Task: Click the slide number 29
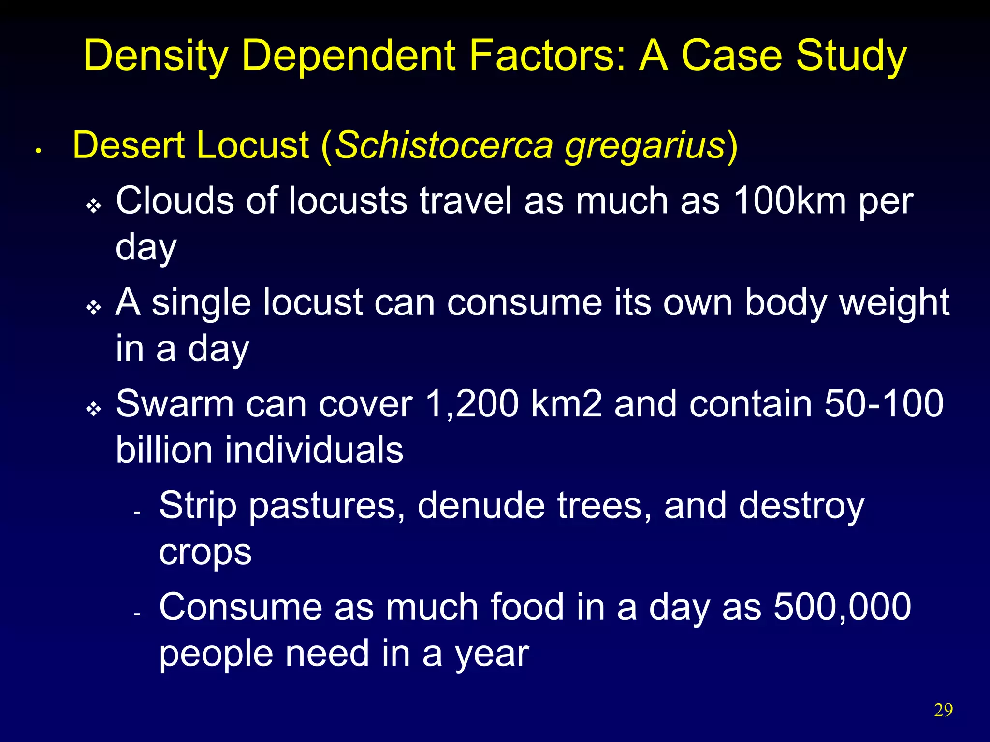tap(943, 710)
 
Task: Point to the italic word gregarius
tap(645, 146)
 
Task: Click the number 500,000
tap(842, 607)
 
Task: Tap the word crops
tap(205, 552)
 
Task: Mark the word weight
tap(895, 303)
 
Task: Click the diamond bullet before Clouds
tap(93, 206)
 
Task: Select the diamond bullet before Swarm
tap(93, 410)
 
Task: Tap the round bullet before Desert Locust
tap(38, 151)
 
